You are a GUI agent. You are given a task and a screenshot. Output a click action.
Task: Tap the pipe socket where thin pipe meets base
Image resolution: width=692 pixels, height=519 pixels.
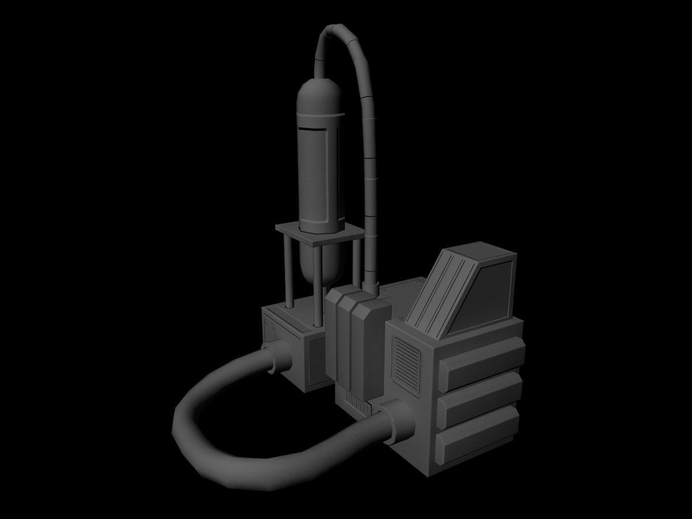pos(371,287)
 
